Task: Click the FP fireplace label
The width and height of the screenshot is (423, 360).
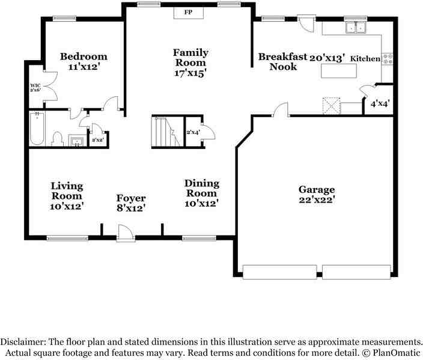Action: tap(188, 12)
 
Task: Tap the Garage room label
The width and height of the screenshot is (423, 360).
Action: tap(317, 189)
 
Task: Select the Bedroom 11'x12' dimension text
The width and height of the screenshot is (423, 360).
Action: tap(84, 67)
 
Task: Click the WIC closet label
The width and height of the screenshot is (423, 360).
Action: tap(35, 85)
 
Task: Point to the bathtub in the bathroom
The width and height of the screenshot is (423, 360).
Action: tap(37, 129)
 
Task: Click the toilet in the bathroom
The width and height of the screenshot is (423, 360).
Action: tap(57, 139)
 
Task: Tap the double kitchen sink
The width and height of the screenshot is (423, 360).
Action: tap(356, 27)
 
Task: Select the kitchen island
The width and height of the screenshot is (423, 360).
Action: tap(338, 71)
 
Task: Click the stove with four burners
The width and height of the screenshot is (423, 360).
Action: tap(388, 59)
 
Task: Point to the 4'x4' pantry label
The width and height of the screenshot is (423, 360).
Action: tap(380, 103)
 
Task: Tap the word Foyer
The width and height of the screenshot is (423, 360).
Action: tap(131, 198)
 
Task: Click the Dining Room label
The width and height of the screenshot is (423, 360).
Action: tap(201, 188)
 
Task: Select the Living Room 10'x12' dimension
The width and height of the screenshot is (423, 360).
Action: tap(67, 207)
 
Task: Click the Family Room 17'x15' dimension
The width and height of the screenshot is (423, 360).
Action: tap(190, 73)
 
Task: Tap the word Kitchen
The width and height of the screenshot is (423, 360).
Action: tap(365, 58)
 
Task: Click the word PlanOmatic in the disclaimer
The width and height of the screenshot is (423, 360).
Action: tap(397, 353)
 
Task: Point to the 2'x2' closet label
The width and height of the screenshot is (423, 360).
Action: tap(98, 140)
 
